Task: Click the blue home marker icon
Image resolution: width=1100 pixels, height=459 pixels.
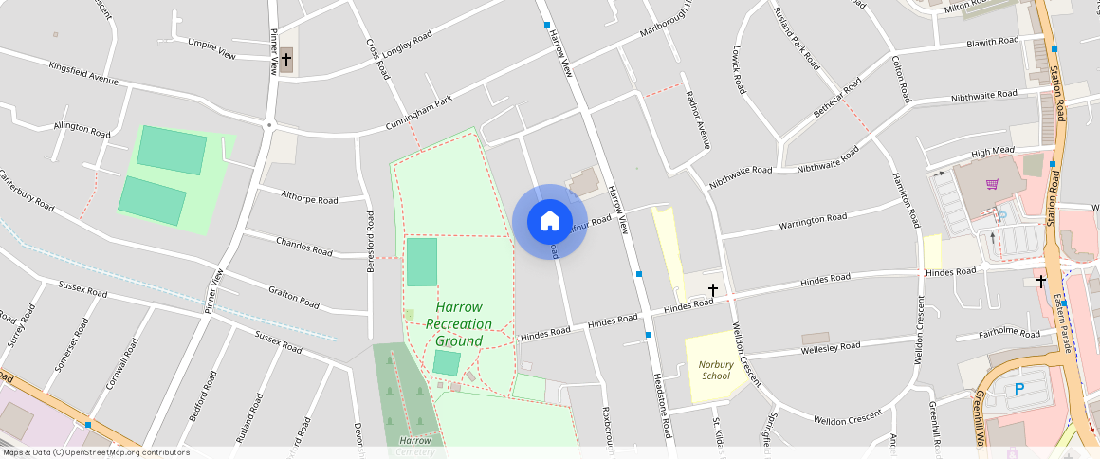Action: coord(549,222)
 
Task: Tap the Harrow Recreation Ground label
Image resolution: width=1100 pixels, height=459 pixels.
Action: coord(459,324)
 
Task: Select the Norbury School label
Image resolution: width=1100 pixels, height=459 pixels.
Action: coord(715,370)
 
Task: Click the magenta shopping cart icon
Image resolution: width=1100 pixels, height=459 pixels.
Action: coord(993,184)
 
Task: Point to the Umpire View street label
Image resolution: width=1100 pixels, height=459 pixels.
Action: coord(211,48)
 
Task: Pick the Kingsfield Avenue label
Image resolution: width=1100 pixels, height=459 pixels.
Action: coord(83,73)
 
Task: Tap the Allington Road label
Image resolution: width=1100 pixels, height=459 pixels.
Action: coord(82,127)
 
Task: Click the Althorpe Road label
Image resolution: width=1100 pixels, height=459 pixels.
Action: coord(309,196)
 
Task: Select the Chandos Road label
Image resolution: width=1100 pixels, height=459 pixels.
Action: coord(303,247)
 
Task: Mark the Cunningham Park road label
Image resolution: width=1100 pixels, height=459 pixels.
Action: coord(419,114)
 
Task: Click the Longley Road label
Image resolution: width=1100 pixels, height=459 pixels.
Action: coord(409,43)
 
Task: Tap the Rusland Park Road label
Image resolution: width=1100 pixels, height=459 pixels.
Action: coord(796,38)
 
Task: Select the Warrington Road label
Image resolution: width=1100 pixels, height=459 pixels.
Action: coord(812,222)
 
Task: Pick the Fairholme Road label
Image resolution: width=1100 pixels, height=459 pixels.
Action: coord(1010,333)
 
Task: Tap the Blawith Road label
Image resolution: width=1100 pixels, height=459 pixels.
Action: coord(992,43)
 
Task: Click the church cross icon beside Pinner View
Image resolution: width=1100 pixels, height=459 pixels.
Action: coord(286,61)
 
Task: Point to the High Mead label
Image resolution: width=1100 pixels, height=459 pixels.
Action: coord(993,152)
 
